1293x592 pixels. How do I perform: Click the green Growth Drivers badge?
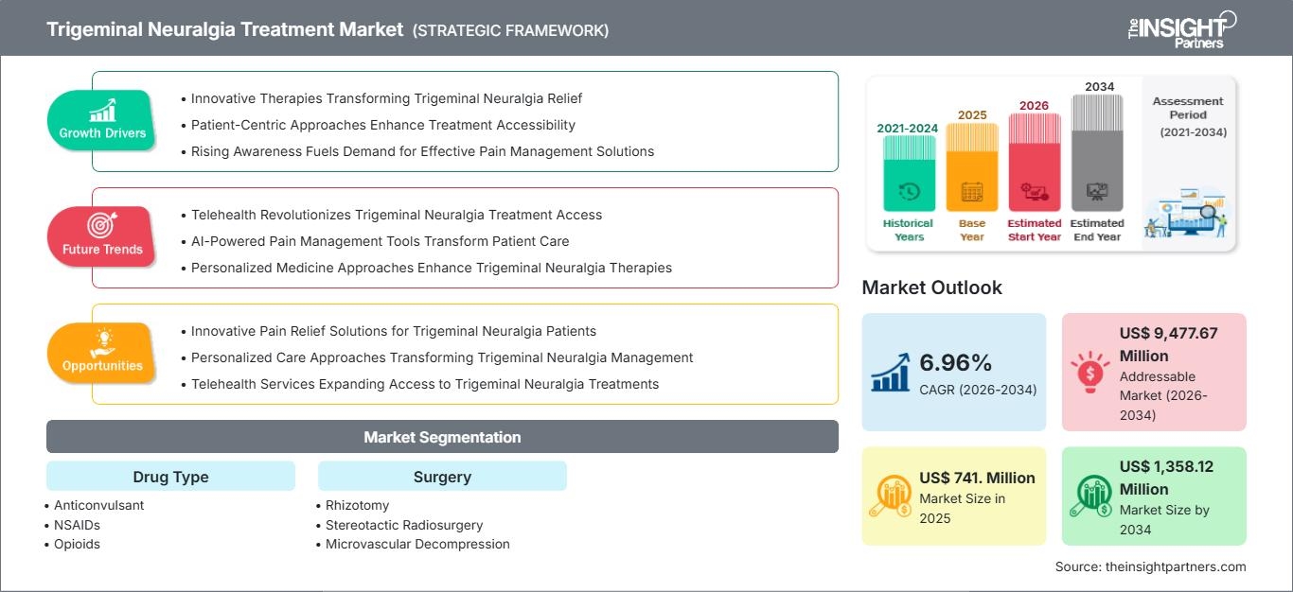point(101,120)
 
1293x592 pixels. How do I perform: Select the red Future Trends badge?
point(101,237)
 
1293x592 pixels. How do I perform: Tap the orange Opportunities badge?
point(101,354)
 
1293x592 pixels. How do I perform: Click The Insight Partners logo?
point(1181,30)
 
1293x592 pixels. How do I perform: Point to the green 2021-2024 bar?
point(909,173)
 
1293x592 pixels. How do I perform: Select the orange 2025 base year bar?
point(972,167)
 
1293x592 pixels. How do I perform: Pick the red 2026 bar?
point(1035,162)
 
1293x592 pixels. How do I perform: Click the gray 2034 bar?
point(1097,153)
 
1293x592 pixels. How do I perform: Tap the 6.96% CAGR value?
point(955,362)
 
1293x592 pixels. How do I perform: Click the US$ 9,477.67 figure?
point(1168,333)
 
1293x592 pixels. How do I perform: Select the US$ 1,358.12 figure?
point(1166,466)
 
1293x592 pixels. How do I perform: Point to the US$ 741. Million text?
point(977,478)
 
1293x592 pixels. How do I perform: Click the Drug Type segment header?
point(171,476)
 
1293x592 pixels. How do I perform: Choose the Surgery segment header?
point(442,476)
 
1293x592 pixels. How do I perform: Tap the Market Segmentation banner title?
point(442,437)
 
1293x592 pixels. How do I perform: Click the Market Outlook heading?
point(931,287)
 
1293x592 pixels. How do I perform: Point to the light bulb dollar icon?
point(1089,372)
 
